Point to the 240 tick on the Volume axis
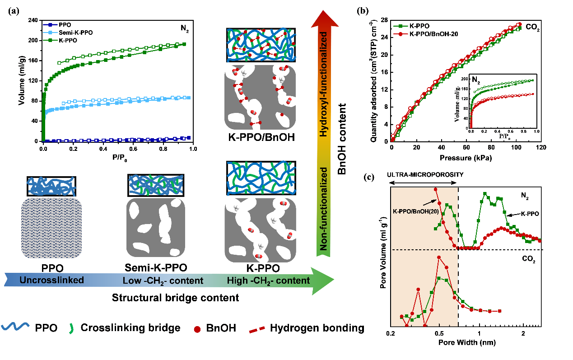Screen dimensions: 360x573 (33, 20)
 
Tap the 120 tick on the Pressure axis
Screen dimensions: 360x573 (542, 148)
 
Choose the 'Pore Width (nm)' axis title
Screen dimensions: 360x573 (466, 342)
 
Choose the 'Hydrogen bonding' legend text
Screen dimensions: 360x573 (317, 328)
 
